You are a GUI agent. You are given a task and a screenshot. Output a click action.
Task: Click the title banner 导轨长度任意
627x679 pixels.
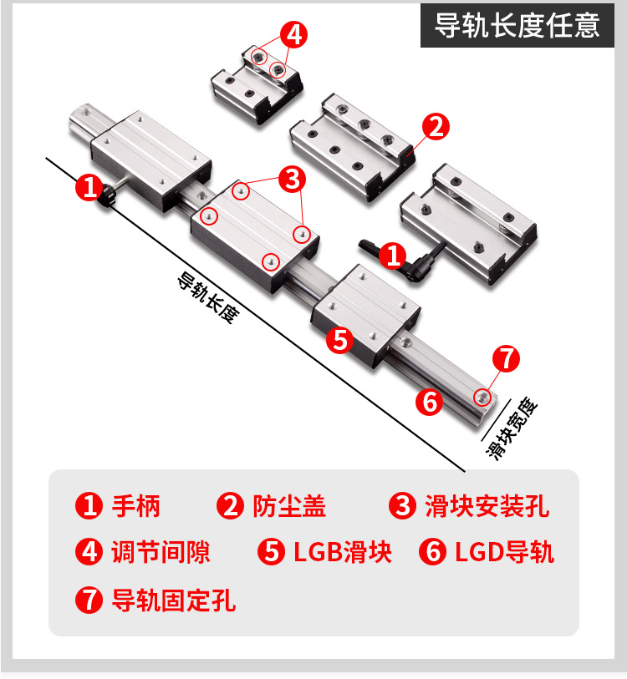[517, 25]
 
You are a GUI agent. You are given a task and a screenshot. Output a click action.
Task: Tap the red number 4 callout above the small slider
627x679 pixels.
[293, 34]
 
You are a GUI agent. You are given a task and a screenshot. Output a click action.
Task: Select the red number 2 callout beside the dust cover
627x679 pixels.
[436, 126]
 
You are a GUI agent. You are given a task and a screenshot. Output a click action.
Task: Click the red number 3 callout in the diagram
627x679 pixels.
[293, 179]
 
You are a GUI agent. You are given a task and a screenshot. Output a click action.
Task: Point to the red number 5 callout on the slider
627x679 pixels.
[340, 340]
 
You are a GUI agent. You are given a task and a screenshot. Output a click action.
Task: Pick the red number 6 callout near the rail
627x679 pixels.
[429, 403]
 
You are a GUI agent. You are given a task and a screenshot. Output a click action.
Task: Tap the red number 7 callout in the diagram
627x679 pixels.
[506, 358]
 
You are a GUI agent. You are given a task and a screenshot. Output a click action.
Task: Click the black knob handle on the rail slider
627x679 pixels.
[109, 196]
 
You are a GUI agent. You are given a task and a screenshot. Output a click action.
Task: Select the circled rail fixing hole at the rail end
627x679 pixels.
[482, 396]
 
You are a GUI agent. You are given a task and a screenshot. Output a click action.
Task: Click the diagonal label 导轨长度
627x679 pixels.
[208, 297]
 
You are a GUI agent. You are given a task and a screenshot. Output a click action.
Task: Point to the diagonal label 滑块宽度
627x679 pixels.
[512, 428]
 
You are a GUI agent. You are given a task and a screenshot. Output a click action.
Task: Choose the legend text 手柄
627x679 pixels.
[136, 506]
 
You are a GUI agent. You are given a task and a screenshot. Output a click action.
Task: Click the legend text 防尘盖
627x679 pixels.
[289, 506]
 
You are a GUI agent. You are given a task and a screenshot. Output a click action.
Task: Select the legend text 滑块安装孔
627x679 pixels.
[487, 506]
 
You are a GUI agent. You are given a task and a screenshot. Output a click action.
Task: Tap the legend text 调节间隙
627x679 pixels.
[161, 552]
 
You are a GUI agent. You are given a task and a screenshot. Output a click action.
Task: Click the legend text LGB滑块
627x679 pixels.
[343, 552]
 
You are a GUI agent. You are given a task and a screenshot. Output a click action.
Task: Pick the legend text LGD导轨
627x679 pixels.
[504, 552]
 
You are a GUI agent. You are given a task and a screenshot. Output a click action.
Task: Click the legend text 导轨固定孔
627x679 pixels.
[173, 600]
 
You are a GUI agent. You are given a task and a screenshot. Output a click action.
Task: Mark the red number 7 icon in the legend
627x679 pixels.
[89, 600]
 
